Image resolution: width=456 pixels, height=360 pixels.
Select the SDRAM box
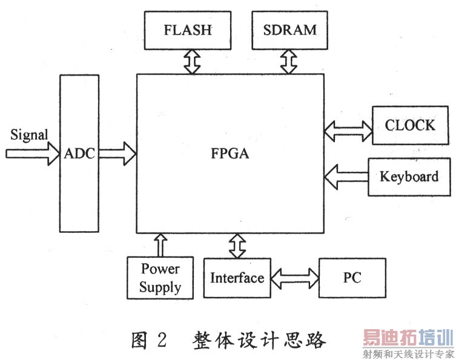(x=290, y=30)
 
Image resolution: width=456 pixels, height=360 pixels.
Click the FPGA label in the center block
(x=231, y=154)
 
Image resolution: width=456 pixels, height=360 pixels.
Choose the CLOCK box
(x=410, y=126)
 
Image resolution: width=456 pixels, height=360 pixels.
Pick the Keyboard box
(x=409, y=177)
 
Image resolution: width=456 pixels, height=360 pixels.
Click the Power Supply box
(x=160, y=278)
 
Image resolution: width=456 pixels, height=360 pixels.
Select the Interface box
(x=237, y=278)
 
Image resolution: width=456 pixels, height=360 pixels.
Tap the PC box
(x=352, y=278)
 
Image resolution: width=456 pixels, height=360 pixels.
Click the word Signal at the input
(x=29, y=134)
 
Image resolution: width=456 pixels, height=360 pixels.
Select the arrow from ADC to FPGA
(x=117, y=153)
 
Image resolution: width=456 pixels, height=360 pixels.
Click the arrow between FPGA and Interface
(x=237, y=244)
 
